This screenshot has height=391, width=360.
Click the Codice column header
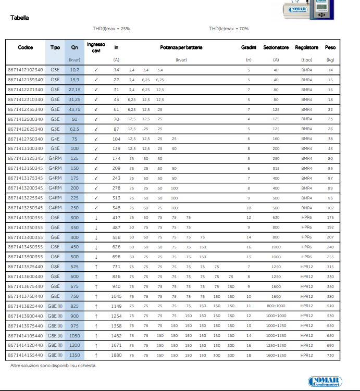tap(26, 47)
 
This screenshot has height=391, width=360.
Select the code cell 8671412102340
tap(26, 70)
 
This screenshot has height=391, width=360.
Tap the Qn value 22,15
tap(75, 90)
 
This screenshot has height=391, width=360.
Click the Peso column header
tap(330, 47)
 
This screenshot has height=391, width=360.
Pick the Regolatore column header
tap(307, 47)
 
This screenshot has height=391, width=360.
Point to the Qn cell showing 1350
tap(75, 356)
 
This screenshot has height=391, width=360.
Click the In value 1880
tap(116, 356)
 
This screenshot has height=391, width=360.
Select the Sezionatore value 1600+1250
tap(276, 356)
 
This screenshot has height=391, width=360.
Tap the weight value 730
tap(330, 356)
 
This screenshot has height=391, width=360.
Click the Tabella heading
tap(20, 18)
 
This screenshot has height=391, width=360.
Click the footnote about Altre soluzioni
tap(54, 365)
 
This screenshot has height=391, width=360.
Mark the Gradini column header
tap(249, 47)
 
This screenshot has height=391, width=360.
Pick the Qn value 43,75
tap(75, 109)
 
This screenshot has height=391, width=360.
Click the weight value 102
tap(330, 207)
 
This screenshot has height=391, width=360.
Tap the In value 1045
tap(116, 296)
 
